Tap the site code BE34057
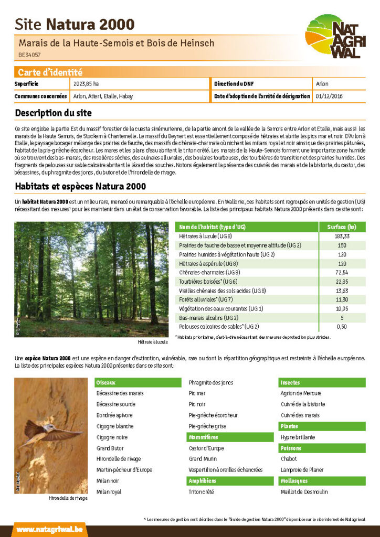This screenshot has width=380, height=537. (x=30, y=55)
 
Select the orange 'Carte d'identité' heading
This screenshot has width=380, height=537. (x=50, y=72)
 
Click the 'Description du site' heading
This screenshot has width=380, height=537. (x=53, y=113)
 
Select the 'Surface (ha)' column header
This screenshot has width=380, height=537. (x=342, y=227)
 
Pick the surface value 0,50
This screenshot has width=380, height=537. (x=342, y=327)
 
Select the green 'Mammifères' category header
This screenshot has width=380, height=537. (x=204, y=437)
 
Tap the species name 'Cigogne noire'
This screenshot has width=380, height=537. (x=112, y=437)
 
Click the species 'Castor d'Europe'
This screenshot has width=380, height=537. (x=206, y=448)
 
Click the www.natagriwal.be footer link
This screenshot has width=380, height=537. (x=49, y=530)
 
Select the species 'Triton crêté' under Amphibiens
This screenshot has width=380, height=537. (x=202, y=492)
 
